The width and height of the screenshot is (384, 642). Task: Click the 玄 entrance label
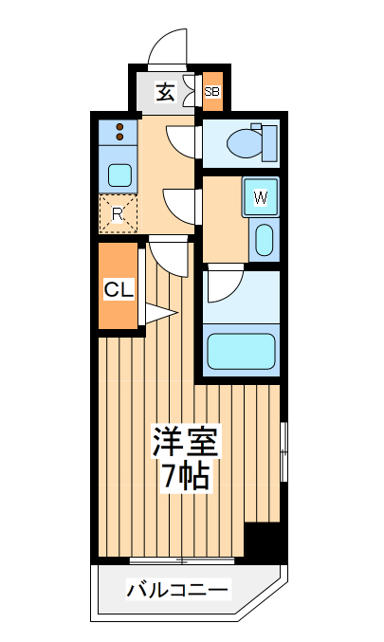pyautogui.click(x=165, y=92)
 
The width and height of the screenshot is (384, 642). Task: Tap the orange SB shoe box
pyautogui.click(x=212, y=92)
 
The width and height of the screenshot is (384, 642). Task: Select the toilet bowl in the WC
pyautogui.click(x=246, y=143)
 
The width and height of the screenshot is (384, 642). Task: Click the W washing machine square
pyautogui.click(x=262, y=199)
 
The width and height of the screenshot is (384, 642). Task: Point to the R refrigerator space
pyautogui.click(x=119, y=213)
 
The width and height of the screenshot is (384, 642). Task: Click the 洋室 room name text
pyautogui.click(x=187, y=443)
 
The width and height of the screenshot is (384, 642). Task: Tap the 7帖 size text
pyautogui.click(x=187, y=476)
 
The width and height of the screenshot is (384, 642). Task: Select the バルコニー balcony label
pyautogui.click(x=178, y=592)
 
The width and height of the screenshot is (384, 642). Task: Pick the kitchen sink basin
pyautogui.click(x=119, y=174)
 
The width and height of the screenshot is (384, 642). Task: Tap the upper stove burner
pyautogui.click(x=119, y=126)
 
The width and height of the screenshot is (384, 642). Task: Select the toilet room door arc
pyautogui.click(x=182, y=141)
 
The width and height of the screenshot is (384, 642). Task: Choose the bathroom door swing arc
pyautogui.click(x=226, y=283)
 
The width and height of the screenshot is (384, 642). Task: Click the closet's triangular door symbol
pyautogui.click(x=159, y=312)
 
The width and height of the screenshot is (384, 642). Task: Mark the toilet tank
pyautogui.click(x=269, y=143)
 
